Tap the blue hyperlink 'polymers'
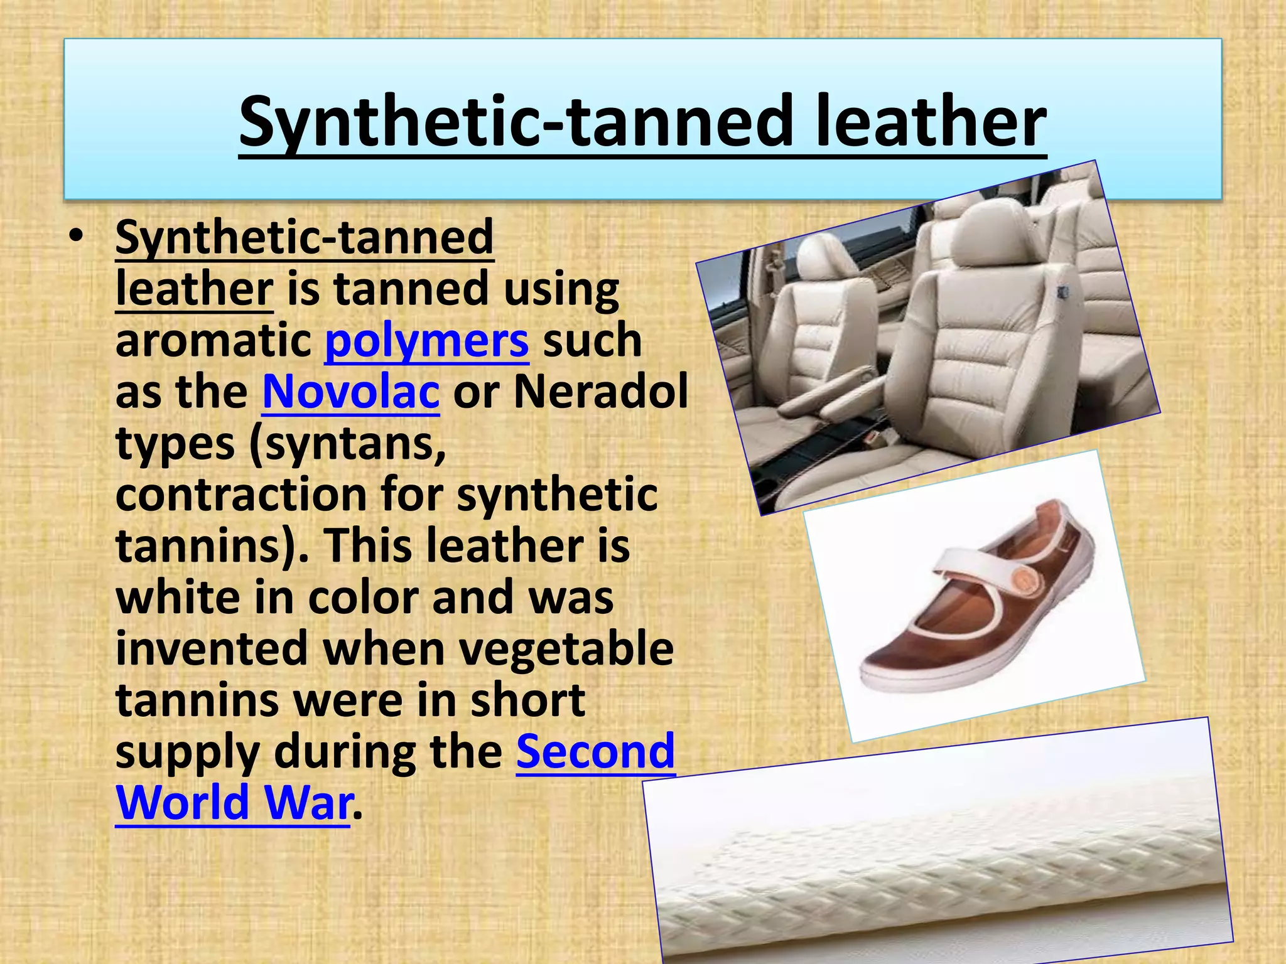click(x=426, y=341)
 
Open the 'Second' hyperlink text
click(x=595, y=751)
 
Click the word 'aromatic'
click(x=213, y=341)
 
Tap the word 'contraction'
click(x=241, y=495)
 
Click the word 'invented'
click(x=212, y=649)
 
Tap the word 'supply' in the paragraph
click(x=188, y=751)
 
